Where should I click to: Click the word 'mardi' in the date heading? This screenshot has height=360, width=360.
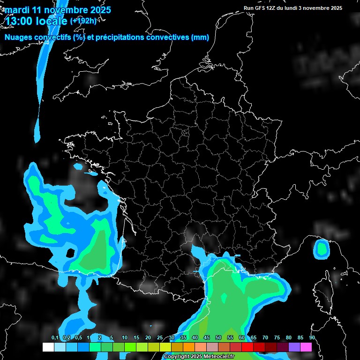[x=17, y=10]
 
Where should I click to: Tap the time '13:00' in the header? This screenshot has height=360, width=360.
[x=19, y=21]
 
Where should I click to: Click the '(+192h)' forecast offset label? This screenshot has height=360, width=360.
[x=83, y=21]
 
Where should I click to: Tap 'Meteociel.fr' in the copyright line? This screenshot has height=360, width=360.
[x=213, y=357]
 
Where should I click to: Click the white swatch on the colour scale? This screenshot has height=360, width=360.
[x=48, y=347]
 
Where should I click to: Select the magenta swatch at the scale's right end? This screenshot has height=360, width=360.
[x=306, y=347]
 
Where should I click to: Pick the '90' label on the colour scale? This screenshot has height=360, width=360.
[x=312, y=338]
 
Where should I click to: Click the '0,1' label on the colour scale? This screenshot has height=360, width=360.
[x=55, y=338]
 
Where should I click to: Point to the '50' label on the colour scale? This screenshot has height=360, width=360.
[x=218, y=338]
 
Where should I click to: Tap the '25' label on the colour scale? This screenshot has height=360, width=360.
[x=160, y=338]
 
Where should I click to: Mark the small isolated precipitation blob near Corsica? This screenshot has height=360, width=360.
[x=322, y=248]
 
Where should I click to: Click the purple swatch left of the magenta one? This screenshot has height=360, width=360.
[x=294, y=347]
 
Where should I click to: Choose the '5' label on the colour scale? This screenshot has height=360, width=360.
[x=111, y=338]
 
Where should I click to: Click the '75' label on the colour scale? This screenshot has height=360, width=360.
[x=277, y=338]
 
